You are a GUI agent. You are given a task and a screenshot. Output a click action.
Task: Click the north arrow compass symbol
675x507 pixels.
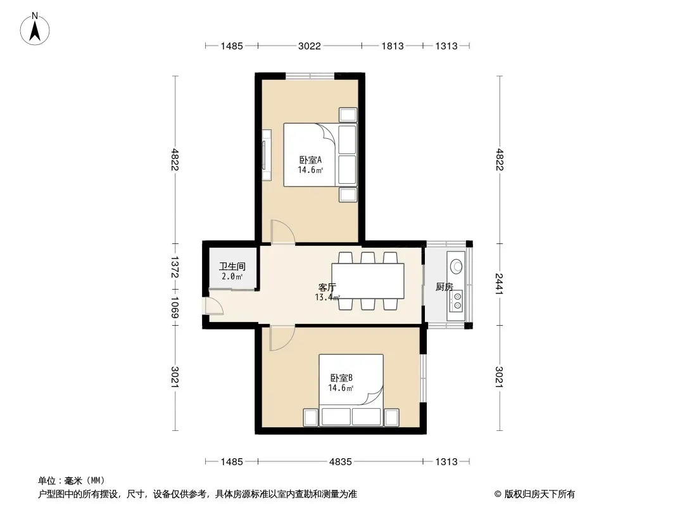pos(35,29)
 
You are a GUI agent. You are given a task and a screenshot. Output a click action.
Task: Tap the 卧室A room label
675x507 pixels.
pos(310,160)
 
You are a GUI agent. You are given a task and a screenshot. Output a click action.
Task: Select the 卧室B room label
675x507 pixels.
pos(341,378)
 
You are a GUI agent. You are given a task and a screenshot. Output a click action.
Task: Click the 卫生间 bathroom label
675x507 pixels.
pos(232,267)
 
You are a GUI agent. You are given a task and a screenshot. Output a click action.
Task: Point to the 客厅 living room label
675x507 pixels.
pos(327,287)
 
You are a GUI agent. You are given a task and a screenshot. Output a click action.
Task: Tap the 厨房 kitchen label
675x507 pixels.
pos(445,287)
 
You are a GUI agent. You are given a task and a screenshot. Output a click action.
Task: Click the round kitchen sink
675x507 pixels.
pos(456,266)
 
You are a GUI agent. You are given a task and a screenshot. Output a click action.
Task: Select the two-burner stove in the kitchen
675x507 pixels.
pos(457,301)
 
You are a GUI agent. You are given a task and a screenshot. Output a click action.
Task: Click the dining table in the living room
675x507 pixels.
pos(368,281)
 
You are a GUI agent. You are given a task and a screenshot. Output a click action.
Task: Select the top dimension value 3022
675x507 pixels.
pos(310,46)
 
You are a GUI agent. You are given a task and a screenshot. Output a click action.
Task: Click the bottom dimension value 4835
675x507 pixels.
pos(341,462)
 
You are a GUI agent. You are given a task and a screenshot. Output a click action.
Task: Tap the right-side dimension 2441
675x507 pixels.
pos(499,284)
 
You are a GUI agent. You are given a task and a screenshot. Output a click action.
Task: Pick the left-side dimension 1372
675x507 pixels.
pos(175,267)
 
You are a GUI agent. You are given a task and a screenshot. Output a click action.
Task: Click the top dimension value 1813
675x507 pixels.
pos(392,46)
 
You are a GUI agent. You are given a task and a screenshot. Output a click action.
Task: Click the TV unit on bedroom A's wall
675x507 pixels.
pos(267,155)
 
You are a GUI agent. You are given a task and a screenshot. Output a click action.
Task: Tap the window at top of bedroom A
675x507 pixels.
pos(310,76)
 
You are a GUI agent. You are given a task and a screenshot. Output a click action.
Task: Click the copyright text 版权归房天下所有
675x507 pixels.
pos(539,494)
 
